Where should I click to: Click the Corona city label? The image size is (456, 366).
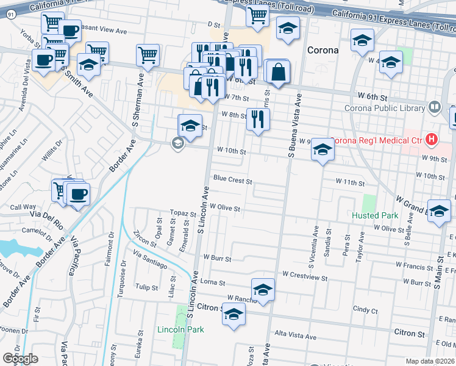click(x=322, y=50)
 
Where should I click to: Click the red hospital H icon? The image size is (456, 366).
click(x=432, y=140)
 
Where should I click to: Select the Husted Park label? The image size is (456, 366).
click(x=374, y=215)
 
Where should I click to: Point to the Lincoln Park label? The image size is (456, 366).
click(x=180, y=329)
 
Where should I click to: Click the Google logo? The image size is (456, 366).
click(x=20, y=359)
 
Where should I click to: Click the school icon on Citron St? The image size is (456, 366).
click(x=233, y=315)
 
